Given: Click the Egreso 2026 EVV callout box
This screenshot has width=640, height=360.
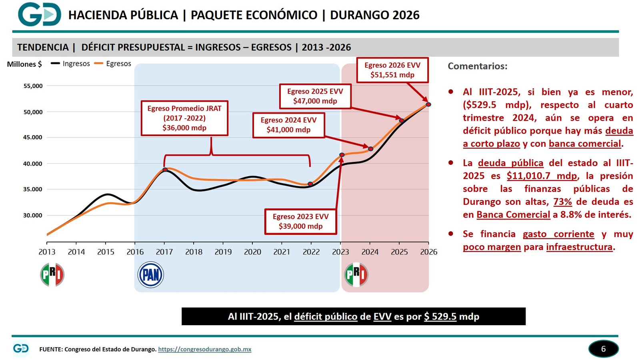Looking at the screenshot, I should (392, 70).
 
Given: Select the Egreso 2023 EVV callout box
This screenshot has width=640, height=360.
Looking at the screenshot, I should (300, 221).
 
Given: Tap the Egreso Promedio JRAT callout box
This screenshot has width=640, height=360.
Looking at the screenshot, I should (184, 118).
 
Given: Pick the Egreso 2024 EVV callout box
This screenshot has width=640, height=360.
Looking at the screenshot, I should (288, 125).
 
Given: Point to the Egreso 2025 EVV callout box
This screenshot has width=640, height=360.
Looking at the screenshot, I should (315, 96).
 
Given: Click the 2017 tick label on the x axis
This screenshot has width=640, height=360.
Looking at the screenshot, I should (164, 252).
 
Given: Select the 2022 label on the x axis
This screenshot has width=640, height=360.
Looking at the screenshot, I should (311, 252).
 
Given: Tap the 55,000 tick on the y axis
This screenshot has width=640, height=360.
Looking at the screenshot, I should (33, 86).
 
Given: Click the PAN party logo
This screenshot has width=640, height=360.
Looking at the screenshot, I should (150, 275).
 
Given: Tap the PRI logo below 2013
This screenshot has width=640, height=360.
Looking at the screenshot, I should (52, 275).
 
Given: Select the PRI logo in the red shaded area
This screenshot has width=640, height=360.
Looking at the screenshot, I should (356, 275).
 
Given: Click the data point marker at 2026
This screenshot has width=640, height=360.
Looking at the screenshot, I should (428, 104).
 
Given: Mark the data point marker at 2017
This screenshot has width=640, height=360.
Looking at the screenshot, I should (165, 170).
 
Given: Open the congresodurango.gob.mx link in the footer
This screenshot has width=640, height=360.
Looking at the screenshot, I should (205, 349).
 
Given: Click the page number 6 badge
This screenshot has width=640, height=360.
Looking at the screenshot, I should (603, 349).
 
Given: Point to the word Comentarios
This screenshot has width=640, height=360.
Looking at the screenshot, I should (477, 66).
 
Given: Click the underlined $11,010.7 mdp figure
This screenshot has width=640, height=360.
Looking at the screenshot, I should (542, 176).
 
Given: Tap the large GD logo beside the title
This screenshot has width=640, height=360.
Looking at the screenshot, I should (39, 14).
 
